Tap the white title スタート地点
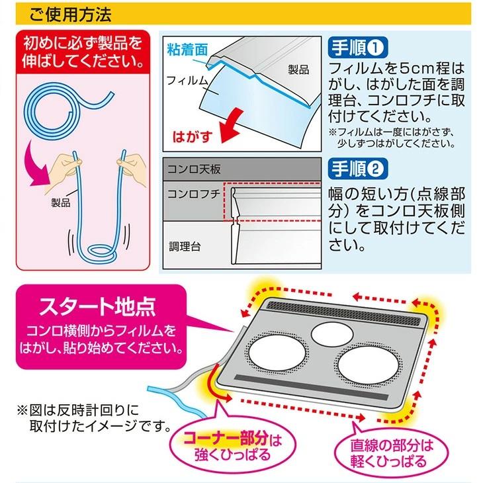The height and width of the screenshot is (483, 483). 97,308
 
